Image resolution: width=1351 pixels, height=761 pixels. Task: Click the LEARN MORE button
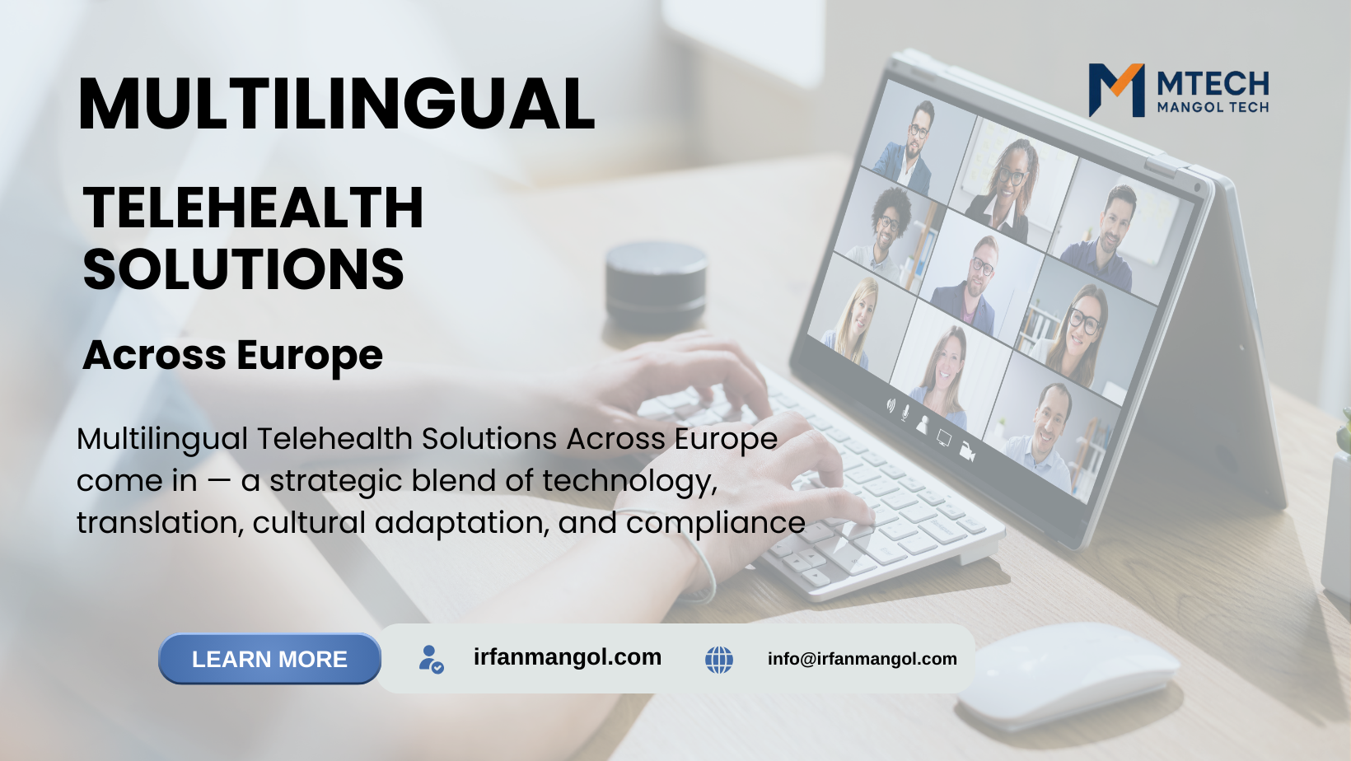269,659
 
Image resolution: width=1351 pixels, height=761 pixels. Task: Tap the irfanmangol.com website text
568,656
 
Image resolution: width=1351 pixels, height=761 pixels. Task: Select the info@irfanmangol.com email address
862,659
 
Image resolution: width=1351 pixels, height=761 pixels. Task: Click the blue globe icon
719,660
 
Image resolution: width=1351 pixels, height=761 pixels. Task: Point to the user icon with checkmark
431,659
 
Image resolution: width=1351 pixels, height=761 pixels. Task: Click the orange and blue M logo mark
1116,90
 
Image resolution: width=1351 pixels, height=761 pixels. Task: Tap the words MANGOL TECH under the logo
1213,107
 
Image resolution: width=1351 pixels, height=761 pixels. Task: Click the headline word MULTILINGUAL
337,103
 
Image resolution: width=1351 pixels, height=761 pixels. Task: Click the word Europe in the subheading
310,355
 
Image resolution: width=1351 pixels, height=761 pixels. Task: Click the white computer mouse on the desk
1068,675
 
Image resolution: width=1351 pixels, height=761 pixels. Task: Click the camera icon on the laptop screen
967,451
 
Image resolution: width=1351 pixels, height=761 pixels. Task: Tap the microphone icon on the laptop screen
905,413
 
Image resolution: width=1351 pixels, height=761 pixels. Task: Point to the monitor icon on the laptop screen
944,438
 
